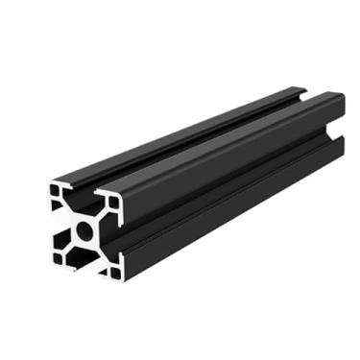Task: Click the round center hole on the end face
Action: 86,229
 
